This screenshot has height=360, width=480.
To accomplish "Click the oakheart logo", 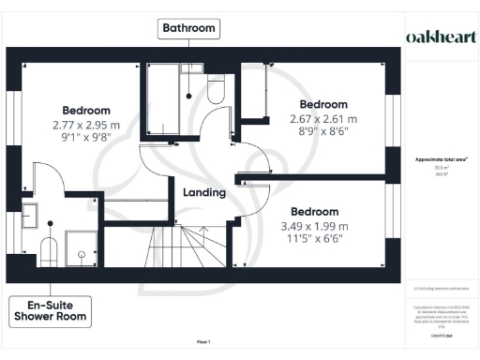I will [x=439, y=37].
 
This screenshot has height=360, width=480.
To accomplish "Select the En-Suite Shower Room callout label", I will [x=50, y=310].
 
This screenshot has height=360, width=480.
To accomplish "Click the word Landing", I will [x=203, y=193].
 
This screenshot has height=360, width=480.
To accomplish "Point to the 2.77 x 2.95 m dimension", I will [x=85, y=124].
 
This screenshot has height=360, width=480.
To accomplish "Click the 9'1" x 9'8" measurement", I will [x=85, y=137].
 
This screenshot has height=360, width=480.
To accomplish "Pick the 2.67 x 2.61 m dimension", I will [x=323, y=119].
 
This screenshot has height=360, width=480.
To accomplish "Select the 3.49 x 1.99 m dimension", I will [x=314, y=226].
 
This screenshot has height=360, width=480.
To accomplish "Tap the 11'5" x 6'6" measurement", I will [x=314, y=239].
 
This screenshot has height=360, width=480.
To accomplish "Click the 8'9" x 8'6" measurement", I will [x=323, y=132].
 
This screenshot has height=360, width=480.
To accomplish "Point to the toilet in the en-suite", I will [x=49, y=248].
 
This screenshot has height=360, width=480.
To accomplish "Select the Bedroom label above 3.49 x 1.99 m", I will [x=314, y=211].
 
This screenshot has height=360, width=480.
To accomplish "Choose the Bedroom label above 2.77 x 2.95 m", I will [x=85, y=110].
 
